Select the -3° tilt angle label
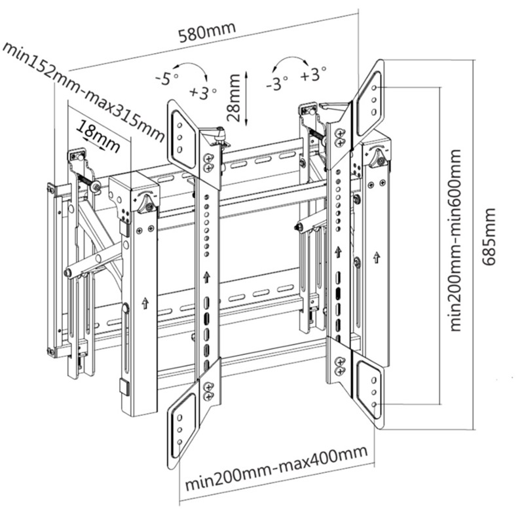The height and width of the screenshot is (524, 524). [x=277, y=83]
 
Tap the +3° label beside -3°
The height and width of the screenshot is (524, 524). [x=314, y=75]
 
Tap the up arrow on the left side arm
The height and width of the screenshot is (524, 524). [x=144, y=303]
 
